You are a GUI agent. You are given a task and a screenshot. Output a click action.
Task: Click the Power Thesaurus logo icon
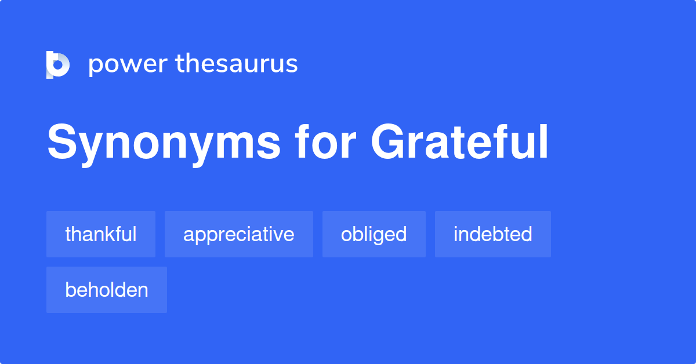pyautogui.click(x=58, y=64)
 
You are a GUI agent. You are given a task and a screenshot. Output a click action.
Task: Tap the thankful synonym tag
pyautogui.click(x=101, y=234)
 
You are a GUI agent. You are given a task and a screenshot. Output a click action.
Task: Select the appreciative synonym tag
pyautogui.click(x=239, y=234)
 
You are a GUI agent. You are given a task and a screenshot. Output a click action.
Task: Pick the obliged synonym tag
pyautogui.click(x=374, y=234)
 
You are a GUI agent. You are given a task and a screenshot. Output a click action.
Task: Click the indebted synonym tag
pyautogui.click(x=493, y=234)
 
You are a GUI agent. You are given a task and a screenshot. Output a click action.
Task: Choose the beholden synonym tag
pyautogui.click(x=107, y=290)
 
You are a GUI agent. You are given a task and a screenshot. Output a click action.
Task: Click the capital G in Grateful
pyautogui.click(x=388, y=143)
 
